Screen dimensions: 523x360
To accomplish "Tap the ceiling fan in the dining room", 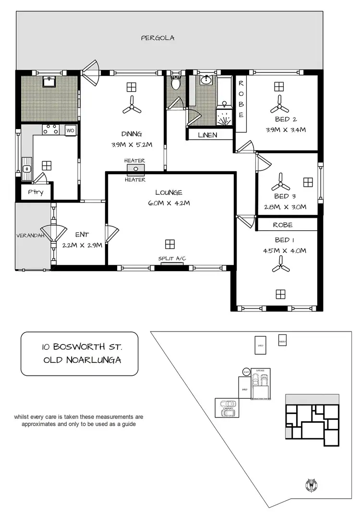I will pos(132,106).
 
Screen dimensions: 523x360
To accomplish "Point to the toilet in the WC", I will pos(176,83).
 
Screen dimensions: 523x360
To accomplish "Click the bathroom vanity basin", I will pos(207,80).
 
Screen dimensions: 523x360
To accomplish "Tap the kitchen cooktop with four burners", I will pos(50,130).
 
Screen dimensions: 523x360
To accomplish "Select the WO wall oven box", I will pos(70,130).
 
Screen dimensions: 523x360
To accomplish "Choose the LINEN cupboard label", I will pos(208,135).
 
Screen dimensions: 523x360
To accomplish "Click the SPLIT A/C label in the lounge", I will pos(172,259).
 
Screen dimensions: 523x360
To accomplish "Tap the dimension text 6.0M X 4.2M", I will pos(169,203).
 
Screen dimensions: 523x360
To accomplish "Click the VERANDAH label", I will pos(31,236).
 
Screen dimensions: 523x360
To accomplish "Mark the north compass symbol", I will pos(309,486).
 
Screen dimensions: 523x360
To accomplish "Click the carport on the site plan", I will pos(228,408).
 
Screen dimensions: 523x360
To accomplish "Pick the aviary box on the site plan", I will pos(282,340).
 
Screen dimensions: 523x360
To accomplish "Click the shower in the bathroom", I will pos(224,116).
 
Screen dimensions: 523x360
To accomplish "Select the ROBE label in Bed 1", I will pos(282,225).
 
